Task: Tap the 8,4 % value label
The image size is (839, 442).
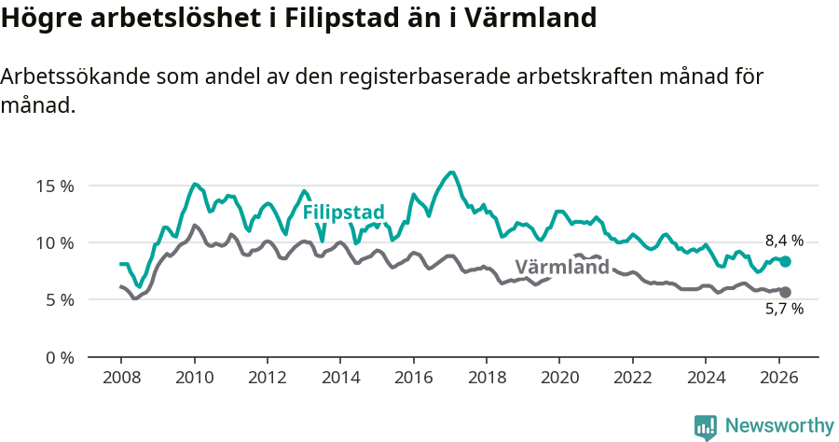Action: (x=784, y=241)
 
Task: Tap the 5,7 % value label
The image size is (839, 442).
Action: (x=784, y=309)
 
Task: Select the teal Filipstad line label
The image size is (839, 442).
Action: (x=344, y=212)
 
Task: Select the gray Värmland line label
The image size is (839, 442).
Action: (x=562, y=267)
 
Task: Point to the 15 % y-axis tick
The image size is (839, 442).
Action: (x=54, y=186)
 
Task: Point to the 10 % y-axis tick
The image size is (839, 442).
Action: (x=54, y=242)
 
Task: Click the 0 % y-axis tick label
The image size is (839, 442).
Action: (x=58, y=357)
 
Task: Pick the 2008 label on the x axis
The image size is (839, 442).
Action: (x=121, y=379)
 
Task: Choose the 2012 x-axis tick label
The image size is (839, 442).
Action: (x=267, y=379)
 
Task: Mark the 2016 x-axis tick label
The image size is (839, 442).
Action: (x=413, y=379)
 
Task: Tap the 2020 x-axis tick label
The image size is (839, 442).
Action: (x=559, y=379)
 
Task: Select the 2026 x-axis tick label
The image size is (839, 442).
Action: (x=778, y=379)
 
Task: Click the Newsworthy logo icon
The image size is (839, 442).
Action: (x=706, y=426)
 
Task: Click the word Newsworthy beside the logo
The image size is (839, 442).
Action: (x=778, y=426)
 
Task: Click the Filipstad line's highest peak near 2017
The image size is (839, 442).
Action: (x=451, y=173)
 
